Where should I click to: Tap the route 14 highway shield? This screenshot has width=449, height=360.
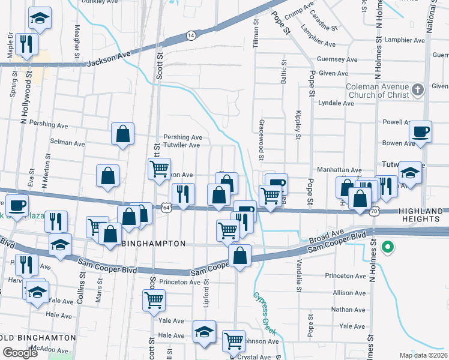pyautogui.click(x=190, y=36)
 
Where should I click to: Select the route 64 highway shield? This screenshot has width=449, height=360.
pyautogui.click(x=166, y=207)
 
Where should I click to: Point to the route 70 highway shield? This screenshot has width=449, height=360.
pyautogui.click(x=374, y=211)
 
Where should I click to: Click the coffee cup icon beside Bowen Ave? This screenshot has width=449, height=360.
pyautogui.click(x=420, y=131)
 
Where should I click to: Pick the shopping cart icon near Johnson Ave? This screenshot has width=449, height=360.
pyautogui.click(x=234, y=340)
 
